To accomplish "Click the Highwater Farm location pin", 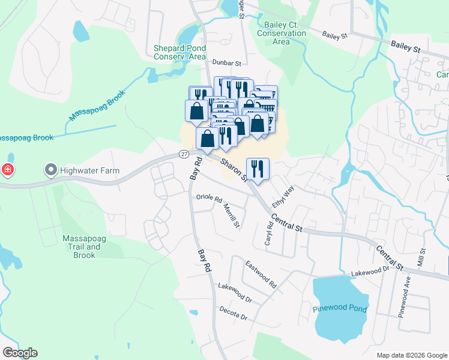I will [51, 170].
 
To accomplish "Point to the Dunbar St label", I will [226, 62].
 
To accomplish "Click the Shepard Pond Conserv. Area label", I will [180, 52].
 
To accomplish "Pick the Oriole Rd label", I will [209, 199].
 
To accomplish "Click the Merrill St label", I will [232, 215].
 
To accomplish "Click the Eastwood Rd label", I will [261, 273].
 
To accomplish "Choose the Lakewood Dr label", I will [235, 293].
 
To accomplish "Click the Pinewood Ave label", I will [402, 298].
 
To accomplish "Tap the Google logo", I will [20, 353].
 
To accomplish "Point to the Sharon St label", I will [234, 170].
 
